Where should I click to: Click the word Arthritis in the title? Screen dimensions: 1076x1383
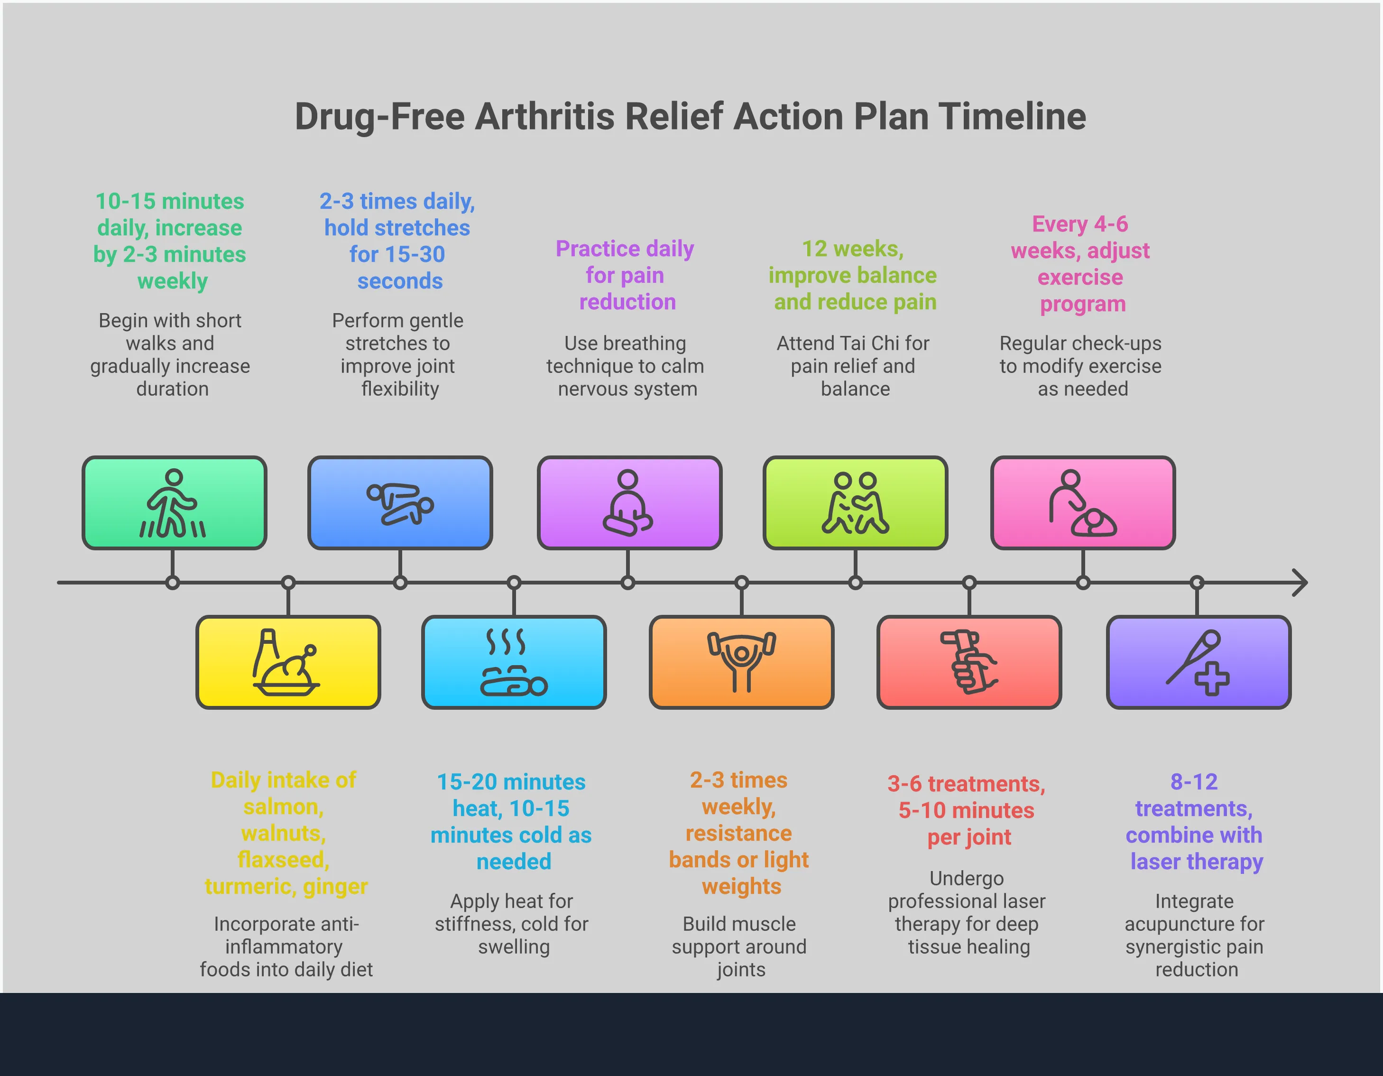point(544,117)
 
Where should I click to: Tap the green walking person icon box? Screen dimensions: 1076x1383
point(174,503)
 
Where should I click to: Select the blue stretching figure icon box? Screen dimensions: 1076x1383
point(400,503)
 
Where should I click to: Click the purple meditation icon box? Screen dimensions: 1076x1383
point(629,503)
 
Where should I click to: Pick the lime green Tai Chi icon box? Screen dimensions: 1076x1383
point(855,503)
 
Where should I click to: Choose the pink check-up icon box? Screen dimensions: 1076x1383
point(1083,503)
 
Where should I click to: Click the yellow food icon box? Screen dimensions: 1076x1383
point(288,662)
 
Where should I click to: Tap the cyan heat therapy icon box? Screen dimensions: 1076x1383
point(514,662)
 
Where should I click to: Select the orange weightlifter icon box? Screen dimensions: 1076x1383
point(741,662)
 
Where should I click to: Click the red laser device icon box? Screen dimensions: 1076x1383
point(969,662)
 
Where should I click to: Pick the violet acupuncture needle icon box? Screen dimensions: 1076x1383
point(1198,662)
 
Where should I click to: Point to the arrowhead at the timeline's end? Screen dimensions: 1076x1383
point(1300,583)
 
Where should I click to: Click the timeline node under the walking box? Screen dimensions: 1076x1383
point(172,583)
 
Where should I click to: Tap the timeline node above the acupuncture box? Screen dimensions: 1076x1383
point(1197,583)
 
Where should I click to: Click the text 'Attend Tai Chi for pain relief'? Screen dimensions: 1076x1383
point(852,355)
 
